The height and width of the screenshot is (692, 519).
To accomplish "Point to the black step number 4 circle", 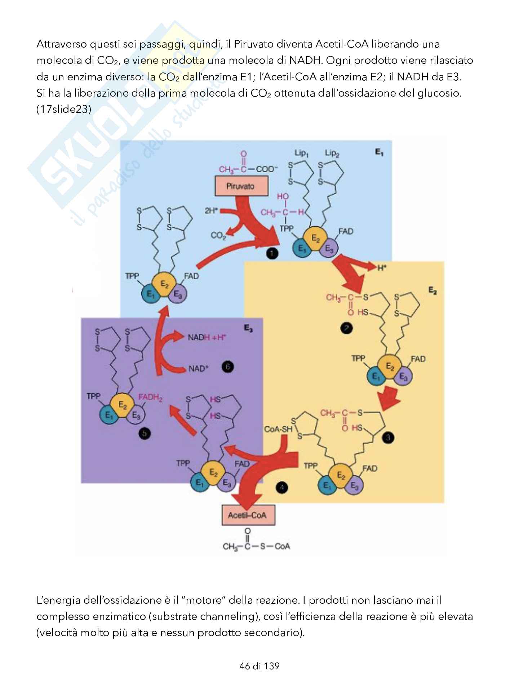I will (x=281, y=488).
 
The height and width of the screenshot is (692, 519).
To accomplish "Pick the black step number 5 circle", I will (x=145, y=434).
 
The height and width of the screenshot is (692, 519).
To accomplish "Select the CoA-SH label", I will (x=278, y=429).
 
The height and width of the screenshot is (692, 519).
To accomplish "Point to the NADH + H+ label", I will (x=207, y=337).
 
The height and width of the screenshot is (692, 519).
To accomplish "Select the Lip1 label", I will (x=302, y=153).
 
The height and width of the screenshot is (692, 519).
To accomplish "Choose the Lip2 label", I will (x=332, y=153).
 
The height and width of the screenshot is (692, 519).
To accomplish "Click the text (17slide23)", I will (x=64, y=110).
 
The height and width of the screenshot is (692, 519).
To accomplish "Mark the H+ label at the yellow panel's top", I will (x=382, y=267).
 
